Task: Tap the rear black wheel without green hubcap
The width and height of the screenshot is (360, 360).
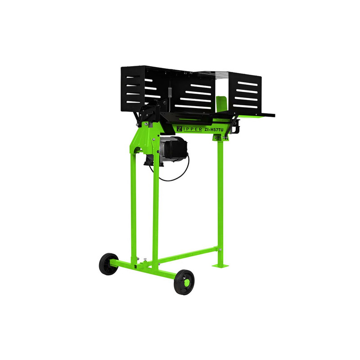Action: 109,264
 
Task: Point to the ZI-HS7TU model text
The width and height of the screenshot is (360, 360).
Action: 214,130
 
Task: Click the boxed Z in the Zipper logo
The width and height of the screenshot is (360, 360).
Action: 180,130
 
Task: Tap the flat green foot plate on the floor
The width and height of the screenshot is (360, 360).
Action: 220,265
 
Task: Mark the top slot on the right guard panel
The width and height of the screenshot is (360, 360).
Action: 248,84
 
